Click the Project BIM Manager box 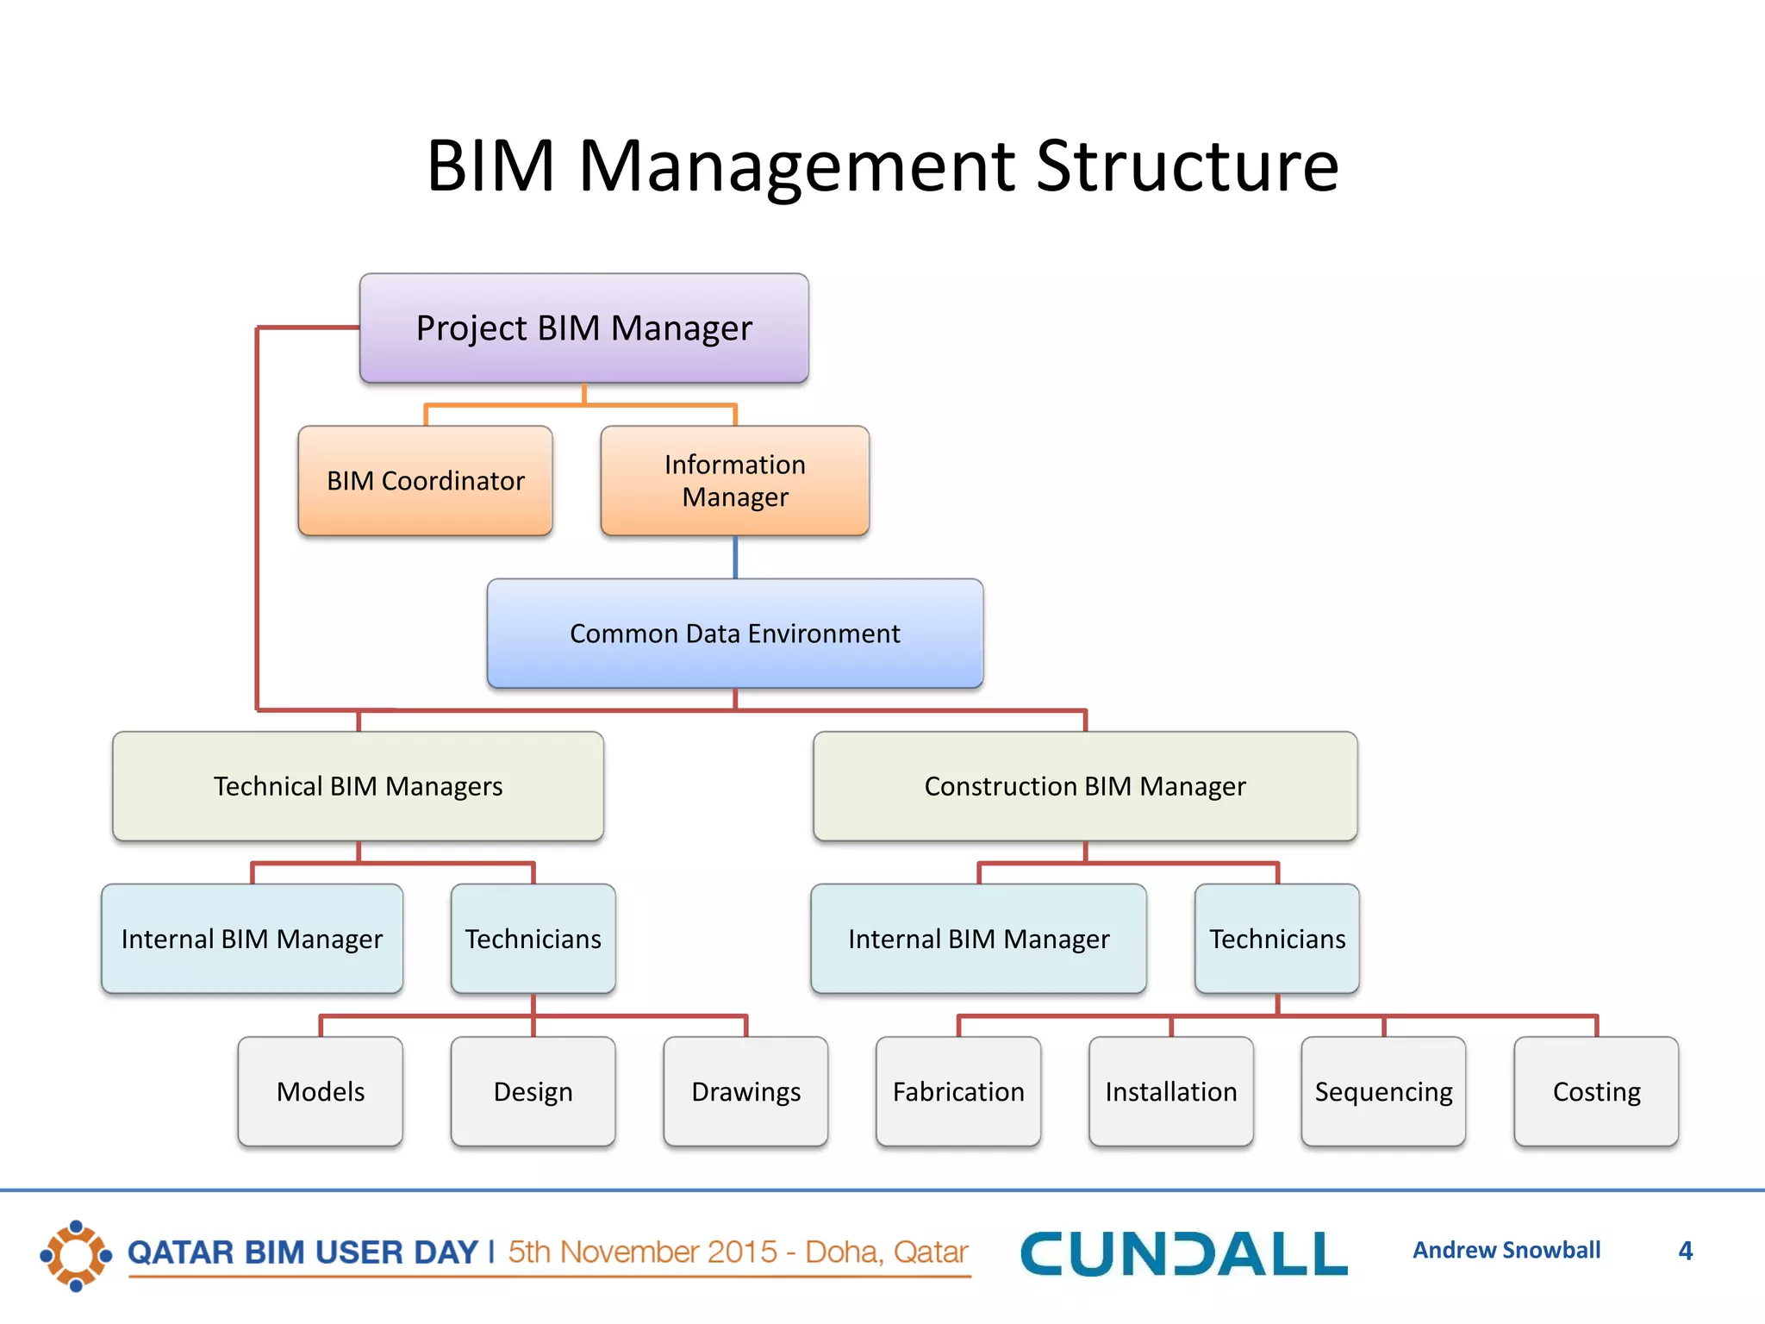point(583,328)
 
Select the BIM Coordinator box point(425,481)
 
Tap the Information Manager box point(734,481)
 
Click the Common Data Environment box point(734,634)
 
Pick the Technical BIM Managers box point(358,786)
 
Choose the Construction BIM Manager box point(1085,786)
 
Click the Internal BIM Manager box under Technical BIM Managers point(252,939)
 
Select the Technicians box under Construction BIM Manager point(1276,939)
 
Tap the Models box point(321,1091)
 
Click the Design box point(533,1091)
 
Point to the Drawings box point(745,1091)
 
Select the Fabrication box point(958,1091)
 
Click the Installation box point(1170,1091)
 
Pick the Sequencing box point(1383,1091)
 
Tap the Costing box point(1596,1091)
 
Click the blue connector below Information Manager point(735,558)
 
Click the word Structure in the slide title point(1187,165)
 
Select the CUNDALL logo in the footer point(1183,1253)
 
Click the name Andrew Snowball point(1506,1250)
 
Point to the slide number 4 point(1686,1251)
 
